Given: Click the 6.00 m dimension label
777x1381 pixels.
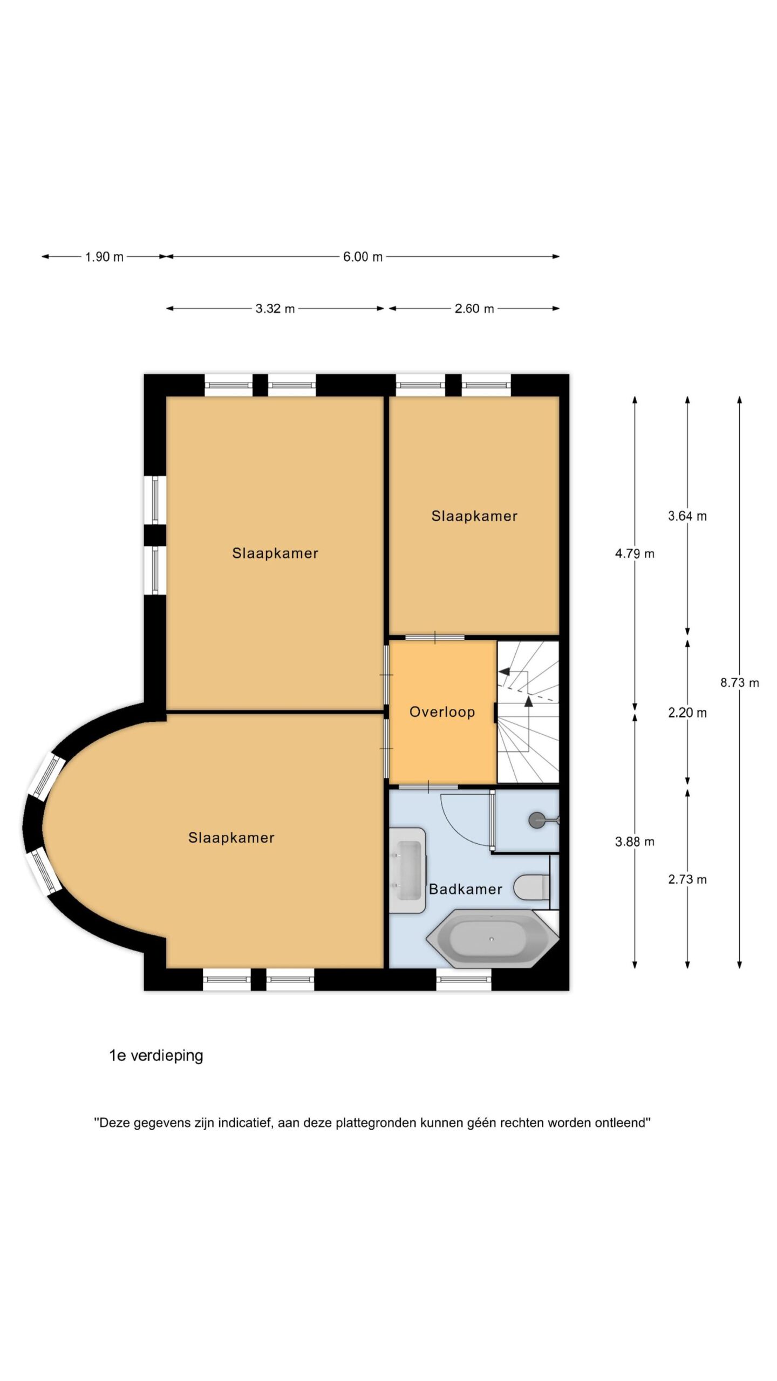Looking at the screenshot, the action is pyautogui.click(x=363, y=257).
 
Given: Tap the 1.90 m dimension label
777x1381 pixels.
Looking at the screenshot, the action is pyautogui.click(x=104, y=257).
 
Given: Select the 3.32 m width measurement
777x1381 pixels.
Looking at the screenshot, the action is pyautogui.click(x=275, y=309).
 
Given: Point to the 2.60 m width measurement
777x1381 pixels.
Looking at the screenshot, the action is pyautogui.click(x=474, y=309).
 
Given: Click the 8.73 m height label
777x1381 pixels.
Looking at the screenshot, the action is pyautogui.click(x=739, y=682).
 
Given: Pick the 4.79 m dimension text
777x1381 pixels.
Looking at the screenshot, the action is pyautogui.click(x=635, y=553).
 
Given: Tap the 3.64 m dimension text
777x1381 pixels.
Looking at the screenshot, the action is pyautogui.click(x=687, y=516).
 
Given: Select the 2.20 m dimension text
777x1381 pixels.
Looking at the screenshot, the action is pyautogui.click(x=687, y=713).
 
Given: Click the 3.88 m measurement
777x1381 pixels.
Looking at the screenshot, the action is pyautogui.click(x=635, y=842).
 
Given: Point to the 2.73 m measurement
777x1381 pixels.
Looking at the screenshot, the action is pyautogui.click(x=687, y=879).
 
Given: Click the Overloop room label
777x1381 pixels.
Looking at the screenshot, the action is pyautogui.click(x=442, y=712).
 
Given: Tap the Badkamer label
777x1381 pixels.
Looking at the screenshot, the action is pyautogui.click(x=465, y=889).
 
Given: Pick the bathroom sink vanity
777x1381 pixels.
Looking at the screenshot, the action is pyautogui.click(x=408, y=870).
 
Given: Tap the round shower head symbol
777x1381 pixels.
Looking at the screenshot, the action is pyautogui.click(x=537, y=820).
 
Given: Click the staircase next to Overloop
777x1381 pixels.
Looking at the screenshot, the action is pyautogui.click(x=528, y=712).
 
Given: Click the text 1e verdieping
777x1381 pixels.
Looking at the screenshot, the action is pyautogui.click(x=156, y=1056).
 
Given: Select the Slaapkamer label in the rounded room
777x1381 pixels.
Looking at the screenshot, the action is pyautogui.click(x=231, y=838).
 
